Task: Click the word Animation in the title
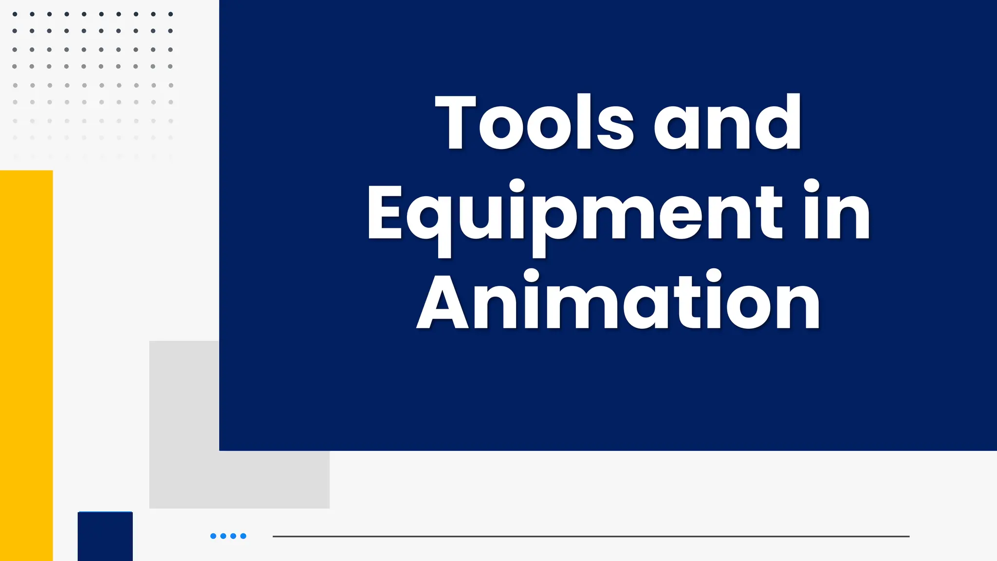[x=618, y=302]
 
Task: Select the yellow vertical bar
[x=26, y=365]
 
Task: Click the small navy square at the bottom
[x=105, y=536]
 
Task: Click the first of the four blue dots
[x=213, y=536]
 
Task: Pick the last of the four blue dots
[x=243, y=536]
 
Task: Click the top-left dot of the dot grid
[x=15, y=14]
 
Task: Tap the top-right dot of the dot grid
[x=170, y=14]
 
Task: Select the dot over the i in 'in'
[x=812, y=186]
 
